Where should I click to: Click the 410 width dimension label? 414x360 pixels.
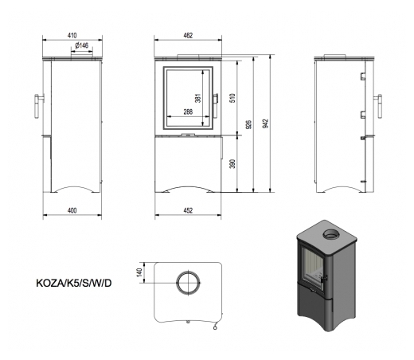[72, 35]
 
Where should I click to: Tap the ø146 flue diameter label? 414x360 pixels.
[82, 45]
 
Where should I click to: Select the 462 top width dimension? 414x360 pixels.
[188, 35]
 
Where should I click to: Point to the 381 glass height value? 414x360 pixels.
[198, 98]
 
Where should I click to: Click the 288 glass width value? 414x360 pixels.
[188, 112]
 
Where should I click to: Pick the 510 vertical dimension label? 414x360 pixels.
[232, 98]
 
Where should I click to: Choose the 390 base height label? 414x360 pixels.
[232, 164]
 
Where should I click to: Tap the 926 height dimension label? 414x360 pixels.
[248, 124]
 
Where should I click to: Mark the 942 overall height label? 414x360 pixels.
[265, 123]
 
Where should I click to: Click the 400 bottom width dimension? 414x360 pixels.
[72, 210]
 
